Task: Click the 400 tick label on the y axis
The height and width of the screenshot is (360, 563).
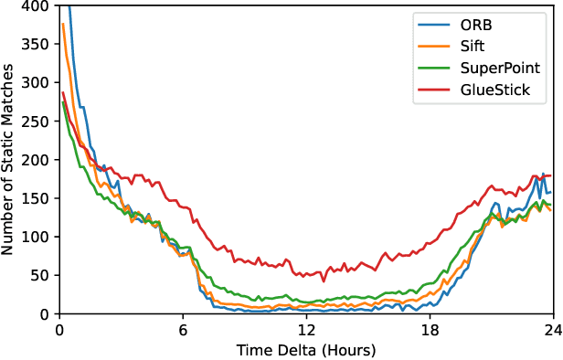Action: (37, 6)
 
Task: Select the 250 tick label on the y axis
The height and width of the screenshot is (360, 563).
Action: (37, 122)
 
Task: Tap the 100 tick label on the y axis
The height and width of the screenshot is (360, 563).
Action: (37, 237)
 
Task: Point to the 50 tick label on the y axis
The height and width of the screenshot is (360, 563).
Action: (41, 275)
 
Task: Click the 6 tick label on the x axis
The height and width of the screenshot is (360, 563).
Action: (183, 331)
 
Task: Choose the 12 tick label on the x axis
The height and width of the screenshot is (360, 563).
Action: (306, 331)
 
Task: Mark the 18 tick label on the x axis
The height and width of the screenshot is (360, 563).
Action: (430, 331)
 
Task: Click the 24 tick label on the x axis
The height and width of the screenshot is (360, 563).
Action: (552, 331)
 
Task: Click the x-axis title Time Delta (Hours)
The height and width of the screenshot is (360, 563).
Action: (306, 350)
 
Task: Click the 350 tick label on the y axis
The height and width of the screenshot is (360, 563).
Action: (37, 45)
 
